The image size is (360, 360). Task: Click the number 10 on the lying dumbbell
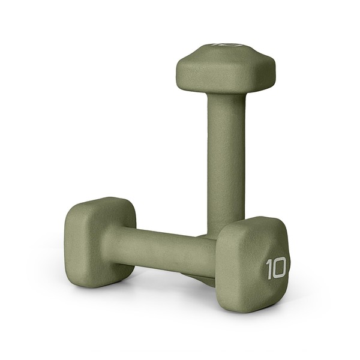click(x=276, y=268)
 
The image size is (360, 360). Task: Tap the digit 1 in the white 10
click(x=269, y=269)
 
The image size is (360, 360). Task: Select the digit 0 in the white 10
click(x=280, y=268)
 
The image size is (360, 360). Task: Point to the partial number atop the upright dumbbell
click(x=223, y=46)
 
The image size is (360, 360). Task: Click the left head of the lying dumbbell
click(x=99, y=240)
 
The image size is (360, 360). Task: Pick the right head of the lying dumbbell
click(x=252, y=264)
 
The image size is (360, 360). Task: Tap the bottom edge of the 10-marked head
click(x=252, y=307)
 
